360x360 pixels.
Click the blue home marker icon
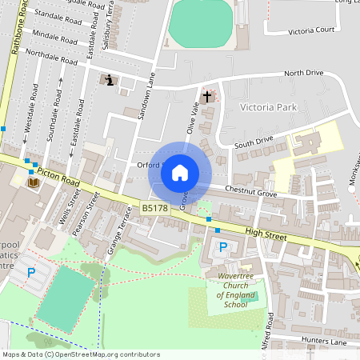180,173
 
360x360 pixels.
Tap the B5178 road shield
154,208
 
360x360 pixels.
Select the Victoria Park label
268,106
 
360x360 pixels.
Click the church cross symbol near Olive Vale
207,97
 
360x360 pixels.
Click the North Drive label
304,73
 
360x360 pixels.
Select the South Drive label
254,142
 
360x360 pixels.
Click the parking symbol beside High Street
223,248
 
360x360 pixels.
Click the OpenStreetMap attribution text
82,354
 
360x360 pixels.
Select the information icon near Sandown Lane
110,80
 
